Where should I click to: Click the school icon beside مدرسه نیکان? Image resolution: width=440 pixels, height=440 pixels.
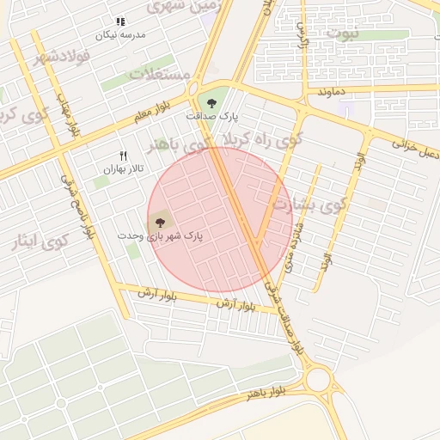coord(119,21)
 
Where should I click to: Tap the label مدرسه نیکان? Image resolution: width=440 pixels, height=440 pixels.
coord(120,34)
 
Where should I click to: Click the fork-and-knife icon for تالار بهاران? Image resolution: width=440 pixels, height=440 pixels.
coord(122,156)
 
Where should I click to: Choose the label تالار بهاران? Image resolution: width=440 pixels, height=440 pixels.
coord(121,169)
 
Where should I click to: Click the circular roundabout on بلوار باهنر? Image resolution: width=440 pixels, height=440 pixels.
coord(318,379)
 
